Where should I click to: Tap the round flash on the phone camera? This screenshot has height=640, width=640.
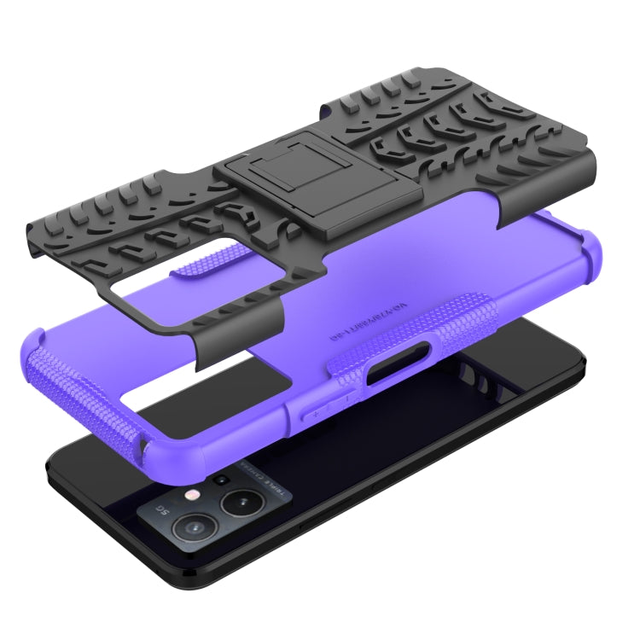click(195, 494)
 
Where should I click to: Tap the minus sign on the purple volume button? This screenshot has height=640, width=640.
click(348, 398)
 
